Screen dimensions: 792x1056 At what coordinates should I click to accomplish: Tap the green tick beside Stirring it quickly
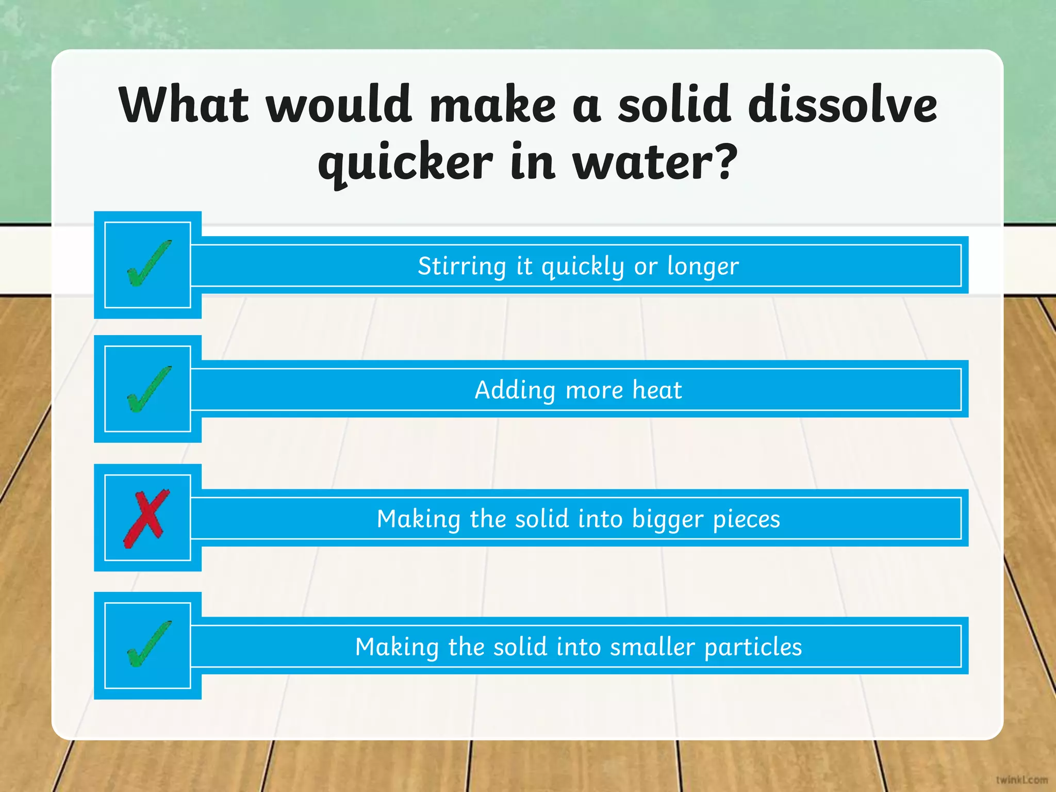click(149, 263)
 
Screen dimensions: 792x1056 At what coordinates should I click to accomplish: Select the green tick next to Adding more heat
click(149, 389)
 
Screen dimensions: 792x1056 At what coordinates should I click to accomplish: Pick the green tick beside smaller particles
click(149, 643)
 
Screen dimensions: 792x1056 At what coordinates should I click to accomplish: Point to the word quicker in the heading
click(405, 163)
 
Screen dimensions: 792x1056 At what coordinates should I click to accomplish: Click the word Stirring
click(462, 266)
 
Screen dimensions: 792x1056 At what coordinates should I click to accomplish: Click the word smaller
click(652, 647)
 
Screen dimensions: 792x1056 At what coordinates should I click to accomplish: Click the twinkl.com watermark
click(1021, 779)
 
